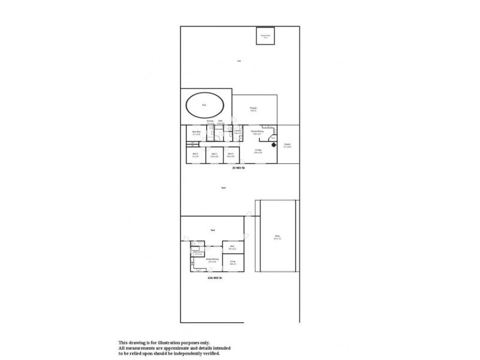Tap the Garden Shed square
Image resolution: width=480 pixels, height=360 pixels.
[264, 35]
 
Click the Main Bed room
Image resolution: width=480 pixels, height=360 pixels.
[196, 133]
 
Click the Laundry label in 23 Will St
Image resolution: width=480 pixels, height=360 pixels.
[238, 132]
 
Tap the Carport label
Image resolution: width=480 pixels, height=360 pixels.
[287, 145]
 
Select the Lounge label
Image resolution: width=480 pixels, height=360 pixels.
[257, 151]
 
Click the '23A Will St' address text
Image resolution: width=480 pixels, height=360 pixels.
[215, 278]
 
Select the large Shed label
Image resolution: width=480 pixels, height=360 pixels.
[277, 236]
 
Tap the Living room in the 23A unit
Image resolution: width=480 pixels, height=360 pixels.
[232, 262]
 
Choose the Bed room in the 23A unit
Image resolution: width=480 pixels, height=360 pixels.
[232, 247]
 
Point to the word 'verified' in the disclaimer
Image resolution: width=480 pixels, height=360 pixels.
[211, 353]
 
